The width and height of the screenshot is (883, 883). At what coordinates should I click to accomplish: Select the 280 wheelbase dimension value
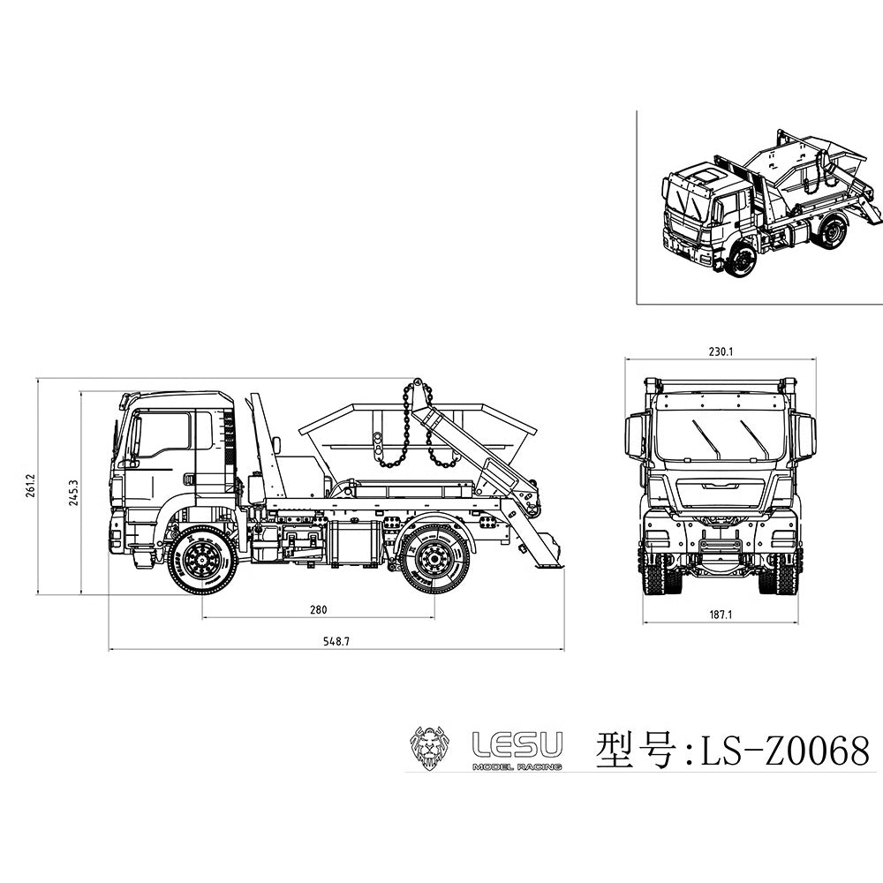319,609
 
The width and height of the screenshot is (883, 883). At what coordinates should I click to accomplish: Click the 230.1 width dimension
721,351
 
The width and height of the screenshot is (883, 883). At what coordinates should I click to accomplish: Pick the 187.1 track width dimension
721,615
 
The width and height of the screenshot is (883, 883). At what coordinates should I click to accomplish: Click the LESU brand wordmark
517,744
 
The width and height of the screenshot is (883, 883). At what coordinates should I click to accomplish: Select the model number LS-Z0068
784,751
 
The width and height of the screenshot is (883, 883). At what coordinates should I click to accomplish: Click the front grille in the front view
721,493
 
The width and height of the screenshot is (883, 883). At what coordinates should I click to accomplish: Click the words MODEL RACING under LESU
517,766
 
